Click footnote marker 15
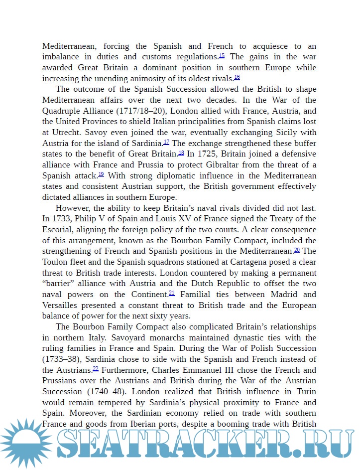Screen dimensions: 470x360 (x=222, y=55)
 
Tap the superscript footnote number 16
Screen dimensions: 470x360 (x=237, y=77)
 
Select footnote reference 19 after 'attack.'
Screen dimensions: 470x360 (x=101, y=174)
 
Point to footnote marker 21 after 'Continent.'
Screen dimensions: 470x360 (x=171, y=293)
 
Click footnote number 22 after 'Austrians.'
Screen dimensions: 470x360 (x=96, y=369)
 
